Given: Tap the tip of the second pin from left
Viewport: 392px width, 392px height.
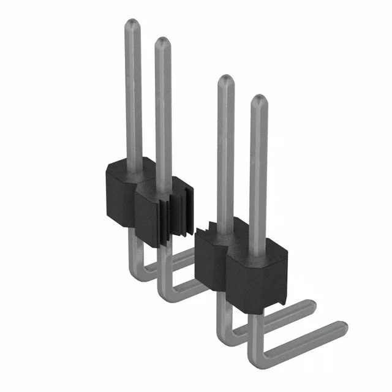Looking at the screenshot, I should tap(162, 42).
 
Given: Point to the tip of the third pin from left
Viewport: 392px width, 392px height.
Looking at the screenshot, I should tap(226, 80).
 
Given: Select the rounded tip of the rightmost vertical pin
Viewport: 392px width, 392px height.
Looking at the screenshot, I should tap(258, 100).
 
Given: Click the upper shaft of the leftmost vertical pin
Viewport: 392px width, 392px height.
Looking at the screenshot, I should tap(133, 92).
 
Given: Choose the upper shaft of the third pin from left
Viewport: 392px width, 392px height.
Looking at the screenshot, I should tap(226, 153).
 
